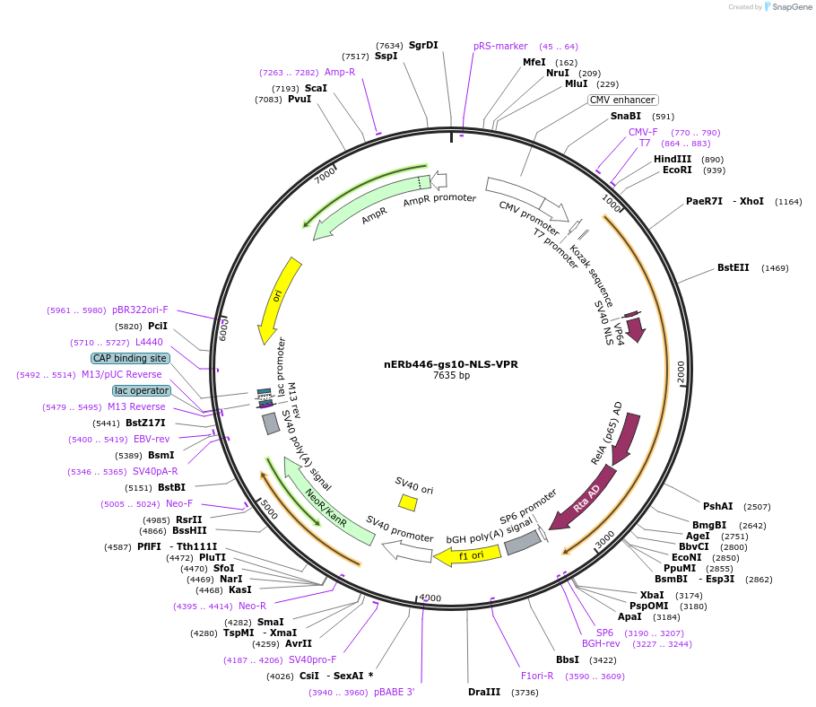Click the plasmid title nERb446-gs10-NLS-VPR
click(x=450, y=364)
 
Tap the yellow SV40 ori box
click(x=408, y=502)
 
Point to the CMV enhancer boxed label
click(x=622, y=100)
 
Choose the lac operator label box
click(x=141, y=390)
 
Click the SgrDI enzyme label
click(x=423, y=45)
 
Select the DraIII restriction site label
click(x=484, y=692)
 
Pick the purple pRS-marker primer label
click(x=500, y=46)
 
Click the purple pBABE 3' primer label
click(x=394, y=692)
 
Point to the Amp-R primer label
click(x=340, y=72)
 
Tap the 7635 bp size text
click(x=450, y=376)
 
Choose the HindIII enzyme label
click(x=673, y=159)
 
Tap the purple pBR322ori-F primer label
click(x=140, y=310)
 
